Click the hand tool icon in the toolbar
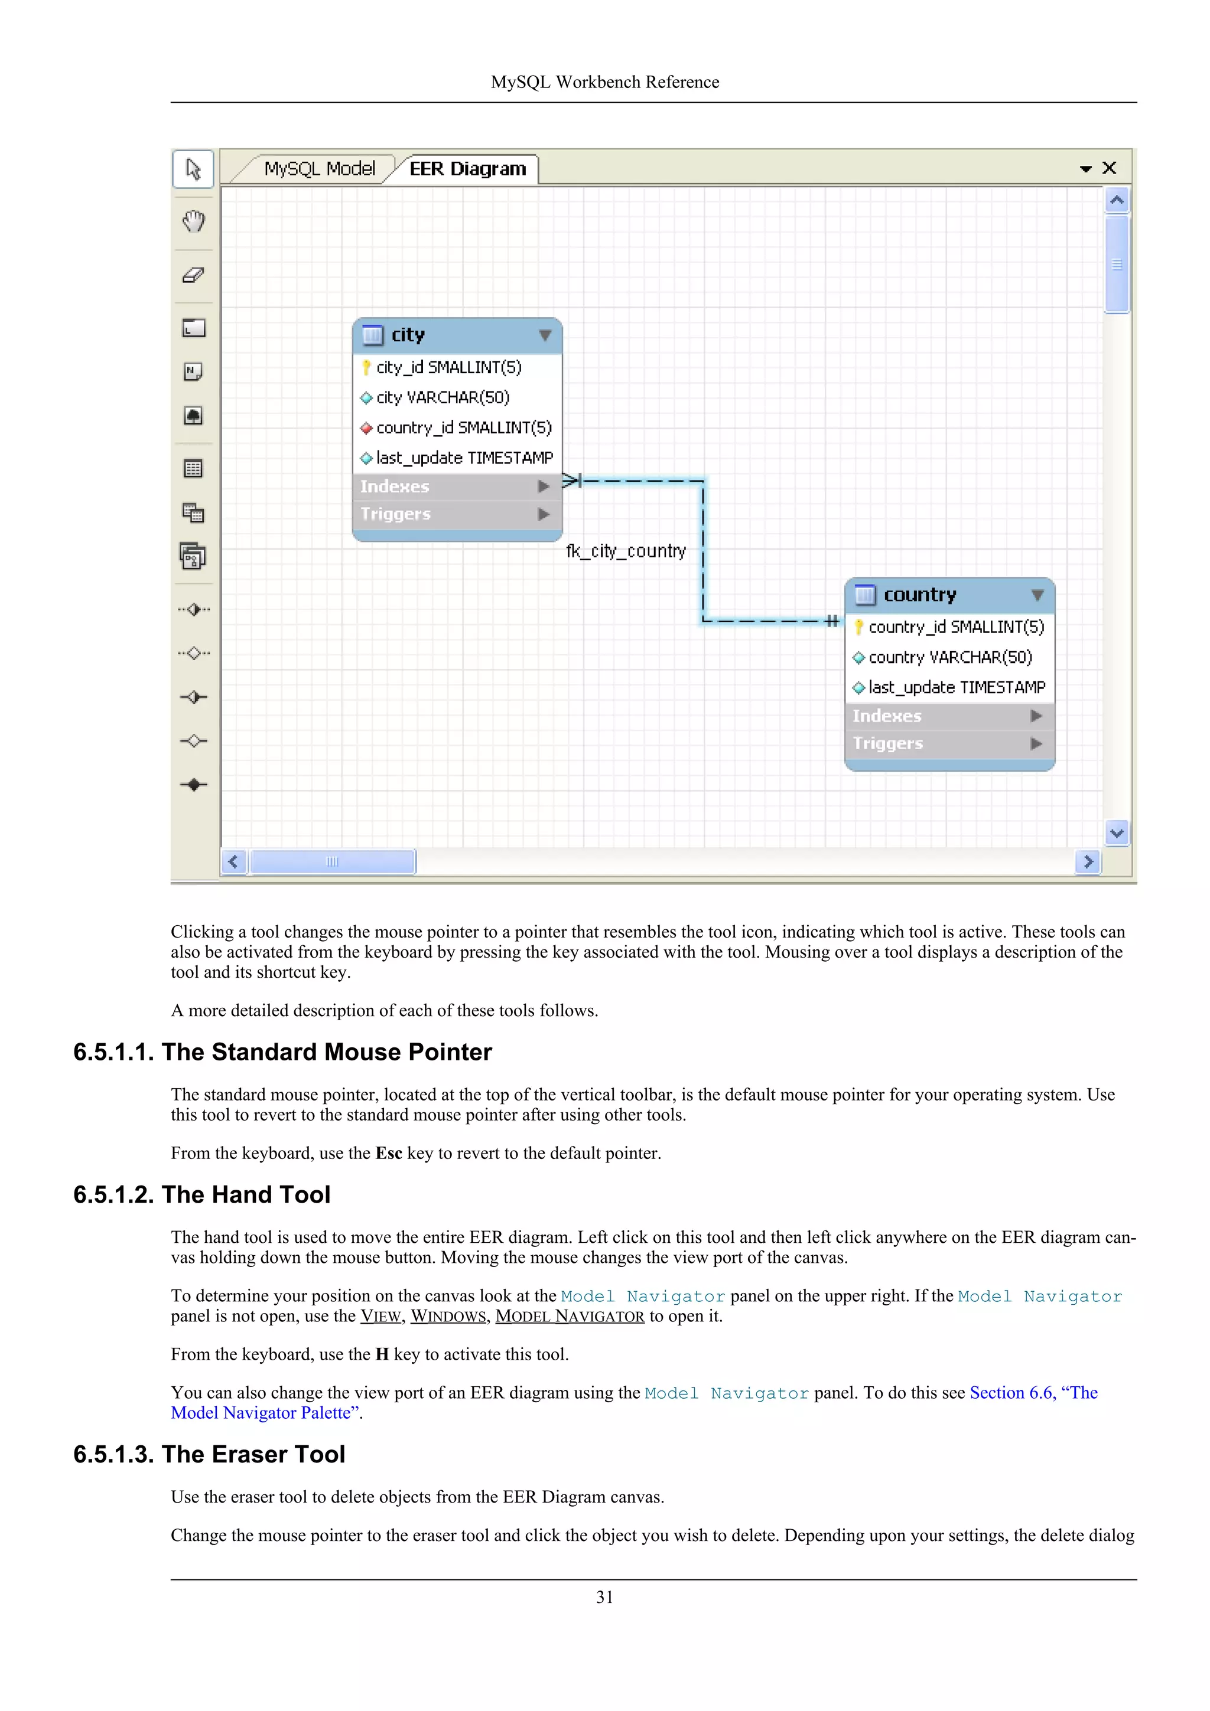point(193,221)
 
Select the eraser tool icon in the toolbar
point(193,275)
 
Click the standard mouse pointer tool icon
point(193,169)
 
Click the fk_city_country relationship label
point(626,551)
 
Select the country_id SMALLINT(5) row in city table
point(463,427)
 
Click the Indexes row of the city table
point(395,486)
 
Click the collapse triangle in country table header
point(1037,595)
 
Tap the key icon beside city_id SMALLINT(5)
point(366,367)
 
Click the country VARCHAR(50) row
point(950,657)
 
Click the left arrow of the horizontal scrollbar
point(233,861)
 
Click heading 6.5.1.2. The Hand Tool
point(202,1194)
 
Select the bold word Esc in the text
point(388,1153)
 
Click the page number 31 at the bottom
point(604,1597)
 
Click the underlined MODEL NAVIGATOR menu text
point(570,1316)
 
